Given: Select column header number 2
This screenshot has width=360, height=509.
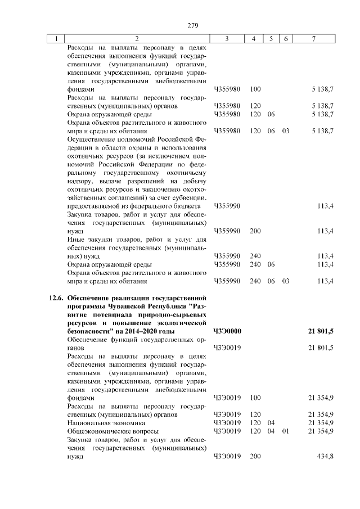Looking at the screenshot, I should pyautogui.click(x=137, y=38).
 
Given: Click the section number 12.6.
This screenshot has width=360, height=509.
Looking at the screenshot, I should pyautogui.click(x=55, y=297).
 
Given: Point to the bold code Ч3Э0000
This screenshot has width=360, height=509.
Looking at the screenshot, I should pyautogui.click(x=227, y=331).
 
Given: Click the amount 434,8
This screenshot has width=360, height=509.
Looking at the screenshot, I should pyautogui.click(x=326, y=456).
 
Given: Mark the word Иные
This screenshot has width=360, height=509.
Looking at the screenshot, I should pyautogui.click(x=75, y=238).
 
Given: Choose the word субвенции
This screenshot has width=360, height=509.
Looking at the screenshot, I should pyautogui.click(x=192, y=198).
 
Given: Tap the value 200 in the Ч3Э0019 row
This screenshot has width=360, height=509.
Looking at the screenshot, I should pyautogui.click(x=255, y=456).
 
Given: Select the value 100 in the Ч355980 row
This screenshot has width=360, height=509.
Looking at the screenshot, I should pyautogui.click(x=255, y=89).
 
